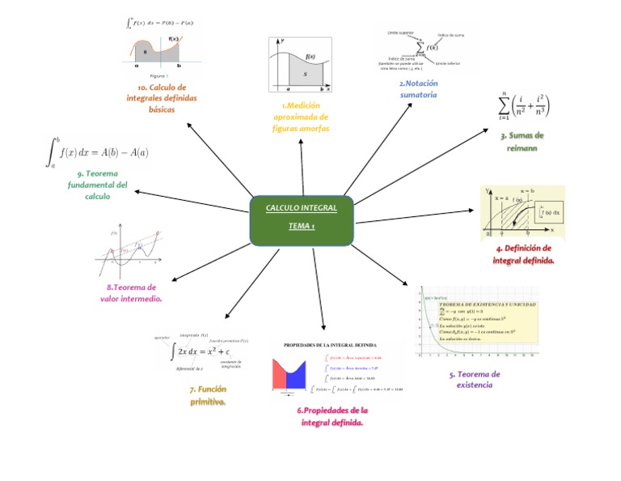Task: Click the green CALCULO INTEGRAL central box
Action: coord(302,219)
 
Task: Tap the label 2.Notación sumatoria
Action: coord(418,89)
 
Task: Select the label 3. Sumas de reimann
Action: coord(522,142)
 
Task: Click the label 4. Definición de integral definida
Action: coord(524,254)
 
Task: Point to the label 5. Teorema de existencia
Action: coord(475,380)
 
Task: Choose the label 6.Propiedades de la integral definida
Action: coord(332,416)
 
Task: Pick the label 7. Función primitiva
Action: coord(208,395)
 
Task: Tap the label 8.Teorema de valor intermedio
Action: coord(131,293)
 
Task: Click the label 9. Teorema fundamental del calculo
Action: coord(98,185)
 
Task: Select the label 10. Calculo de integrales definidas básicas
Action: coord(162,98)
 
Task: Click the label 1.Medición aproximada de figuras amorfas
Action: coord(301,117)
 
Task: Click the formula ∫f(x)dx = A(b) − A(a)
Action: coord(97,151)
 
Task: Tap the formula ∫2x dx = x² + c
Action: coord(201,351)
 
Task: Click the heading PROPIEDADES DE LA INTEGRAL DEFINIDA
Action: coord(330,345)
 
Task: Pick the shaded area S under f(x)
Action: coord(305,74)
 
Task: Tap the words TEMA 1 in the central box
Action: coord(302,226)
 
